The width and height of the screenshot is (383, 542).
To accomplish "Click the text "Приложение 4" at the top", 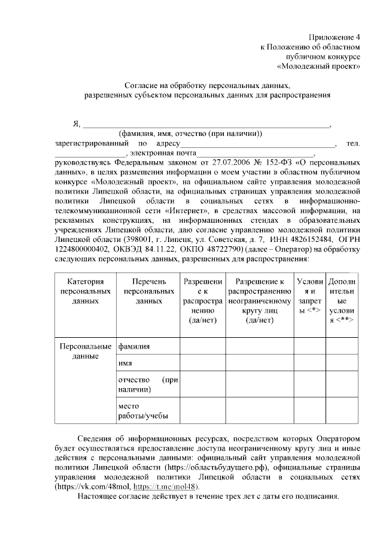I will [x=335, y=37].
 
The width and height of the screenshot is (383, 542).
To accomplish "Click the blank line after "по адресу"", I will [x=259, y=144].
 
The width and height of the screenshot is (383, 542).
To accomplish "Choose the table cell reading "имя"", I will [x=125, y=363].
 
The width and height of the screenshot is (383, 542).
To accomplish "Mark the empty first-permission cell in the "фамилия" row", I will [x=202, y=346].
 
